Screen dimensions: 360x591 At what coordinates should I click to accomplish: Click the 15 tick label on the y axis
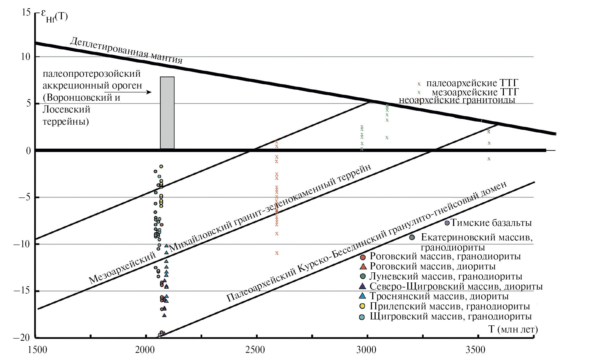point(26,12)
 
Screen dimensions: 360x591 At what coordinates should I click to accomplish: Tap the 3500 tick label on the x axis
point(475,350)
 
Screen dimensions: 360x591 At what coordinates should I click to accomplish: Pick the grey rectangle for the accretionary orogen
point(167,112)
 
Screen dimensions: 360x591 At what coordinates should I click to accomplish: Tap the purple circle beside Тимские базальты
point(447,223)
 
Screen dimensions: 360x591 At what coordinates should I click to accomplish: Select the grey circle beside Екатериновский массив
point(412,237)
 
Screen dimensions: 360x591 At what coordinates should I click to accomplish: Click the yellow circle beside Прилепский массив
point(362,306)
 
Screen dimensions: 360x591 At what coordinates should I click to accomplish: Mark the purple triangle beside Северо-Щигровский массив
point(362,286)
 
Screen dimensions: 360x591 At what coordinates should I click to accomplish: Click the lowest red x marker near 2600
point(277,253)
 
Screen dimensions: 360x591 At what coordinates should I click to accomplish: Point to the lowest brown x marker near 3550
point(489,159)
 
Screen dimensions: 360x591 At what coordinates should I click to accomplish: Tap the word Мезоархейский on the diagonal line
point(122,268)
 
